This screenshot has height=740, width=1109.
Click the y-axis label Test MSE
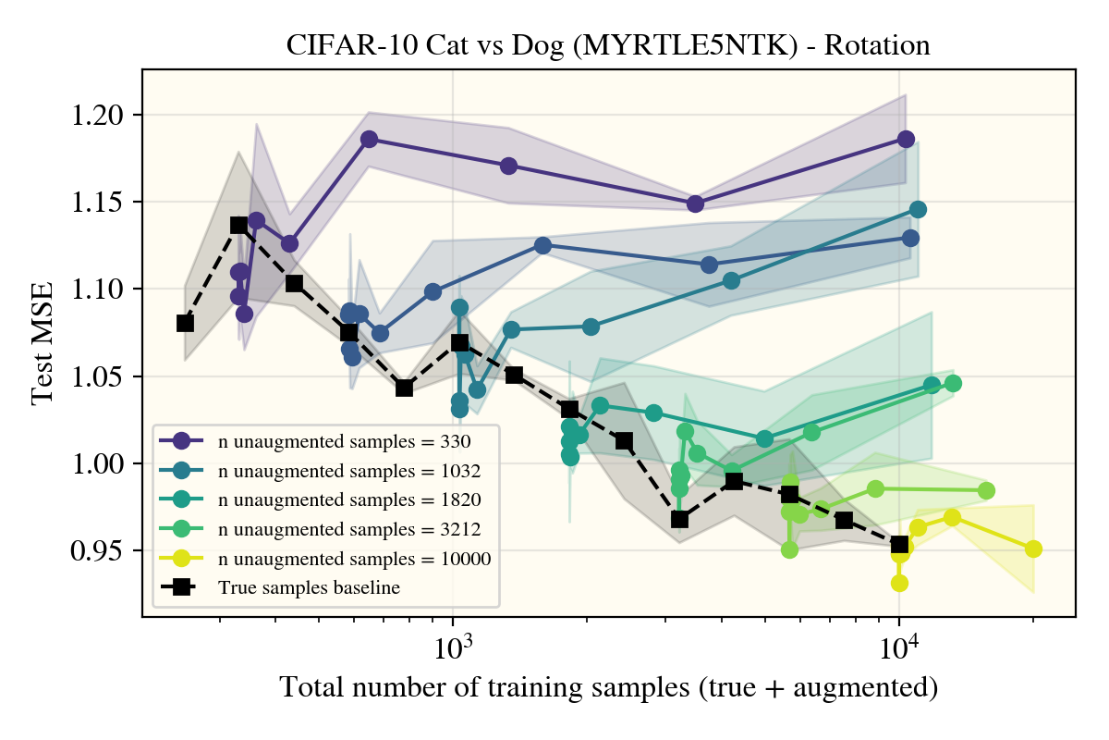pos(43,343)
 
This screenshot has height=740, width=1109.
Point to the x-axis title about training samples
pos(608,688)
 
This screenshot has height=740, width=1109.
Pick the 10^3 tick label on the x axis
pos(452,648)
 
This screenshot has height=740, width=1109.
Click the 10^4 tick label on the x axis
pos(899,648)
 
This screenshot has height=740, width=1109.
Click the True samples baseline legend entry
pos(309,587)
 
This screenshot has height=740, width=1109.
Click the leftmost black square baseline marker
pos(185,323)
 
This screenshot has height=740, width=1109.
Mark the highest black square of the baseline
pos(238,225)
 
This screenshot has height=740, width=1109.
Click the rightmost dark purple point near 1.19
pos(906,139)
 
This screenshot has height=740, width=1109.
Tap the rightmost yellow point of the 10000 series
pos(1033,549)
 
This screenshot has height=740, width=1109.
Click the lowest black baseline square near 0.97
pos(679,520)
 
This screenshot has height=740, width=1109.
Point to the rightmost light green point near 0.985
pos(986,490)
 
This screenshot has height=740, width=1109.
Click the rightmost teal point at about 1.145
pos(918,209)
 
